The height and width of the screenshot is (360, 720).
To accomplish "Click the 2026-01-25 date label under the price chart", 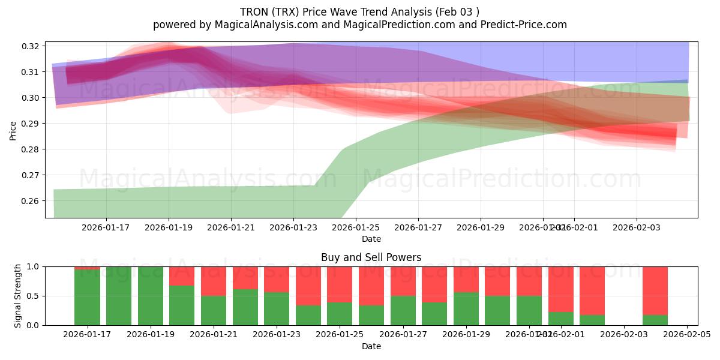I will (x=356, y=228).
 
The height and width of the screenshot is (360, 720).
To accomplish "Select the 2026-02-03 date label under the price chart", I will (x=637, y=228).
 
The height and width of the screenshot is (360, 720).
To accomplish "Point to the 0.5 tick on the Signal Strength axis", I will (x=34, y=296).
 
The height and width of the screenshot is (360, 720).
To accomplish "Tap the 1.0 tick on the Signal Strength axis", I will (x=34, y=266).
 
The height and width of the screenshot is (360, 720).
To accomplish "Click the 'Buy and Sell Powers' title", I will (x=371, y=257).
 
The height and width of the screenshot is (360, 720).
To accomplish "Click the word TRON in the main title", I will (x=255, y=12).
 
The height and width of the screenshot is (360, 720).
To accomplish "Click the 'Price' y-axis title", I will (x=13, y=130).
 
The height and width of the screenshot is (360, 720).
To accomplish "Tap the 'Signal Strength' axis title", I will (x=18, y=295).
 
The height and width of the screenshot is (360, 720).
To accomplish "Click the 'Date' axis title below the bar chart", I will (x=371, y=346).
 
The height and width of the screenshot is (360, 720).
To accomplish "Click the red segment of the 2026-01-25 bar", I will (x=340, y=284).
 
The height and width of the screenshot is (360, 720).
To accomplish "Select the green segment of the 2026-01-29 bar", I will (x=466, y=309).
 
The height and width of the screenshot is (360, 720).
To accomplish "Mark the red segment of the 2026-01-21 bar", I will (x=213, y=281).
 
